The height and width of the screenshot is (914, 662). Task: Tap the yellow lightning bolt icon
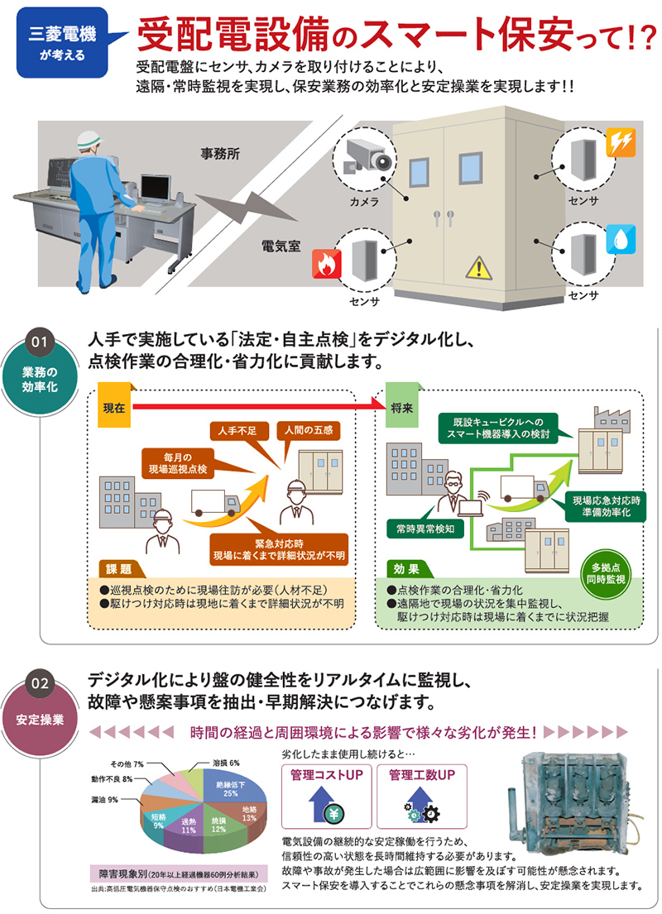621,141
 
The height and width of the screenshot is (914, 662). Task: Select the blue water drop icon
620,240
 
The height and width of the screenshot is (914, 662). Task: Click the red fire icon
324,265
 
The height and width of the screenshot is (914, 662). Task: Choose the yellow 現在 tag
115,408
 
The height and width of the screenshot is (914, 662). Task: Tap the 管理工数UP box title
422,776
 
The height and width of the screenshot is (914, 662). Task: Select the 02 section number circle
41,685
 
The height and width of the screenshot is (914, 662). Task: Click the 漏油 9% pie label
105,799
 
